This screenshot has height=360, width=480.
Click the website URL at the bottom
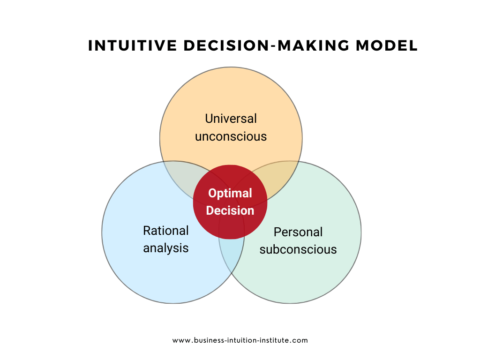pos(240,340)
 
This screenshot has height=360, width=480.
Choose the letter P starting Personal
pos(277,231)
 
